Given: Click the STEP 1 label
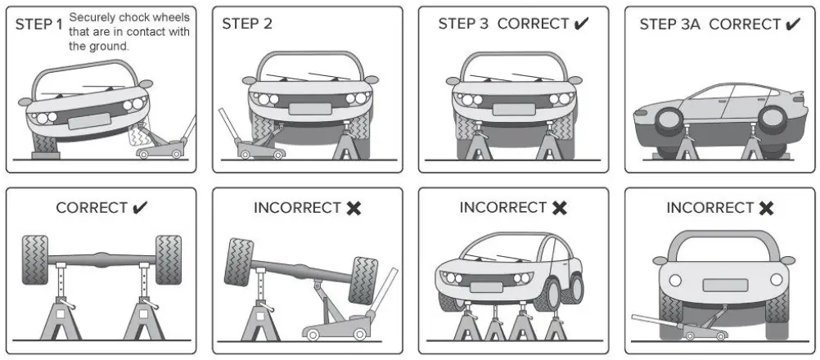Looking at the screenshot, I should [x=38, y=24].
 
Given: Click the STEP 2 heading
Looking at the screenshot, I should [x=247, y=24].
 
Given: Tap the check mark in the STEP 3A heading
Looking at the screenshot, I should [x=792, y=24].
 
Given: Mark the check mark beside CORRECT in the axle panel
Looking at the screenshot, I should [x=140, y=208].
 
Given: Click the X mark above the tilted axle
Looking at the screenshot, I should [x=354, y=208].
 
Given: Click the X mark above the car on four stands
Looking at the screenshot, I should [x=560, y=208].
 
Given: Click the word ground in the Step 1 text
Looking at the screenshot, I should [x=110, y=47].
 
